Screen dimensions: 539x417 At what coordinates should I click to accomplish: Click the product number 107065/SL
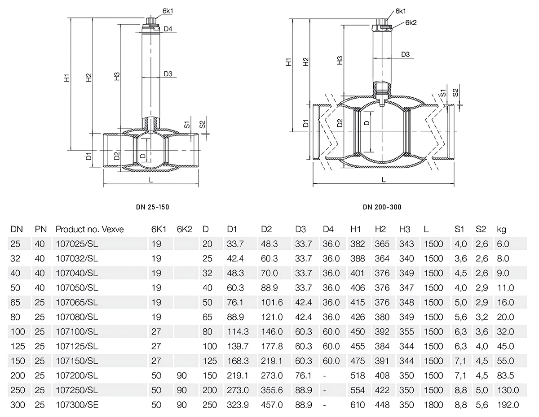(x=77, y=302)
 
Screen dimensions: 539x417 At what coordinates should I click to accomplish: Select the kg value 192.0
(x=508, y=405)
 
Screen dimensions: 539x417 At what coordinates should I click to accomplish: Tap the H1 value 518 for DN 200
(x=358, y=376)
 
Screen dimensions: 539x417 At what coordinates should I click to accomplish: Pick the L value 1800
(x=433, y=405)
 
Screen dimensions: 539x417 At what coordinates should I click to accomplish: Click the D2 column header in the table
(x=266, y=229)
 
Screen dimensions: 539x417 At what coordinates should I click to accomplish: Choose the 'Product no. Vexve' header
(x=89, y=229)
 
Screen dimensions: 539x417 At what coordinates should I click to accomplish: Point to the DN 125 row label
(x=18, y=346)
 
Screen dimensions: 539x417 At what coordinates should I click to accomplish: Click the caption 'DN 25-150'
(x=153, y=207)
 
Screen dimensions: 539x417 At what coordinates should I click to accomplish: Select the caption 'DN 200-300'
(x=382, y=207)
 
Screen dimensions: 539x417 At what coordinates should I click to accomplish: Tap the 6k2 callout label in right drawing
(x=411, y=23)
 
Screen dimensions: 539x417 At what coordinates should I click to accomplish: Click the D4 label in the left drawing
(x=168, y=29)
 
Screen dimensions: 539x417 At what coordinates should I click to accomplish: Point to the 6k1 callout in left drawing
(x=168, y=11)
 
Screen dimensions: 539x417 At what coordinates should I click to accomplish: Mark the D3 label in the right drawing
(x=405, y=54)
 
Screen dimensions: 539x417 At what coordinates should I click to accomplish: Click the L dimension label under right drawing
(x=384, y=180)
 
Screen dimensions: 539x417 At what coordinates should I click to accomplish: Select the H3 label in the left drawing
(x=117, y=76)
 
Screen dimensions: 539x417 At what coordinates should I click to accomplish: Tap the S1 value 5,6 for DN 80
(x=460, y=317)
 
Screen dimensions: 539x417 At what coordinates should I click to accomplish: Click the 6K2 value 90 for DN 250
(x=181, y=390)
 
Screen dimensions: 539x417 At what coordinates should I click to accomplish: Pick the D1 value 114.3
(x=238, y=331)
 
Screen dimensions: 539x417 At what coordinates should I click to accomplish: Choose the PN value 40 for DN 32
(x=40, y=259)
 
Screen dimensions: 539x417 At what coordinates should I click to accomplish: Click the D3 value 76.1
(x=303, y=376)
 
